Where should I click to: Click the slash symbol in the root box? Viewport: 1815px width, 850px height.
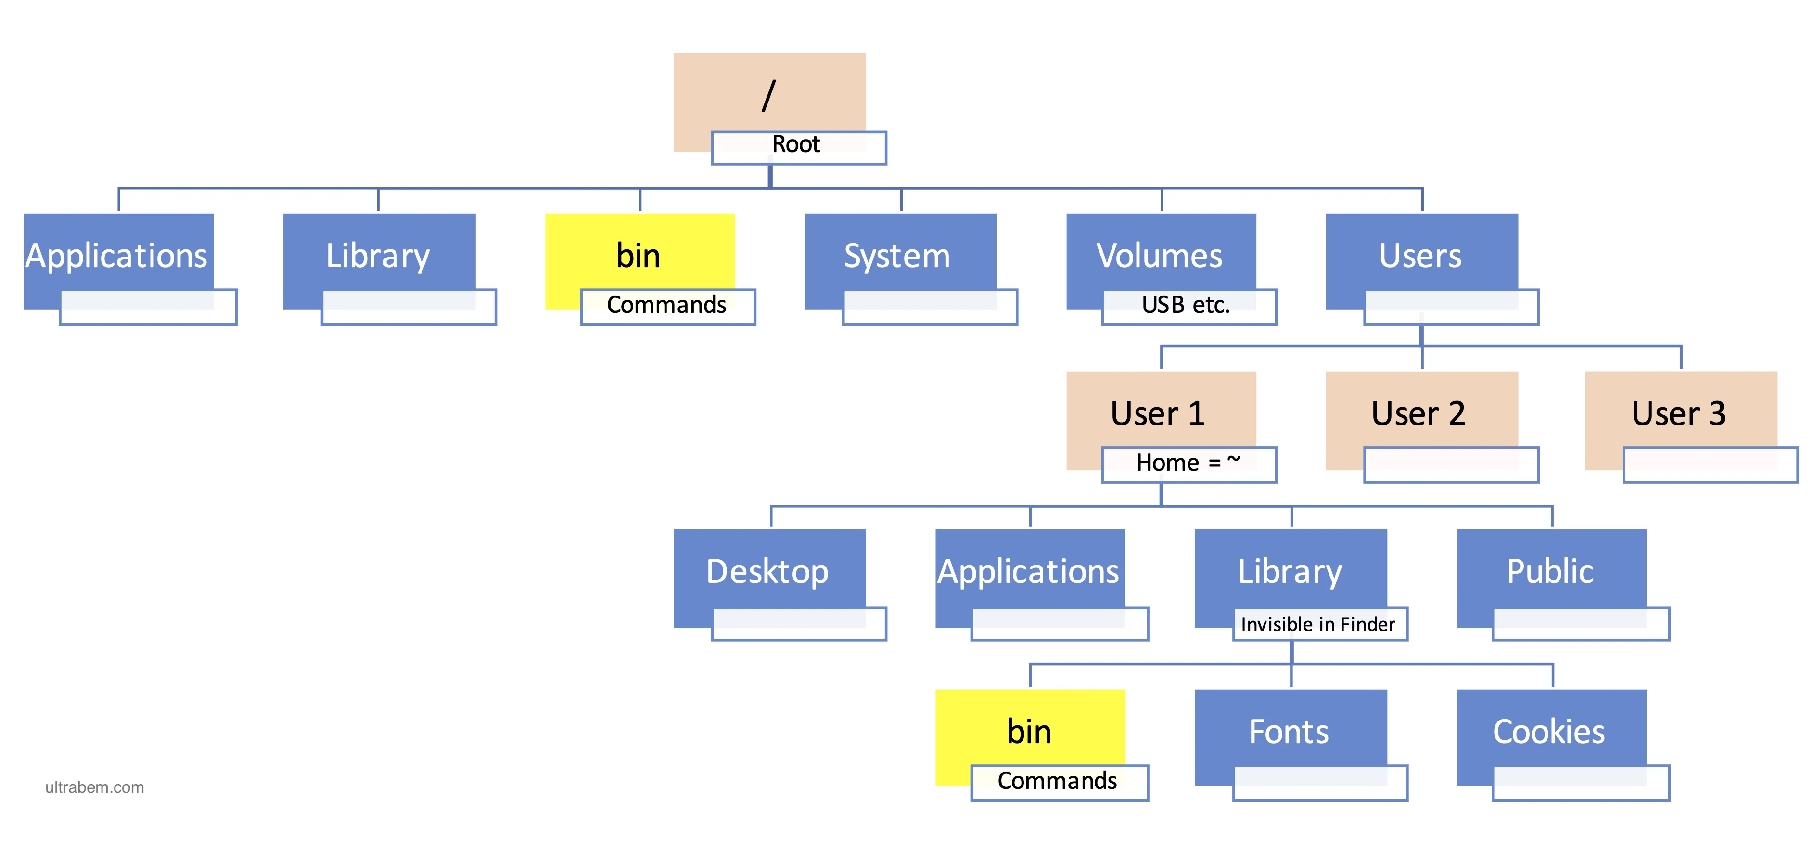[769, 96]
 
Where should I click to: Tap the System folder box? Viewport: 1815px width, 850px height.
[900, 261]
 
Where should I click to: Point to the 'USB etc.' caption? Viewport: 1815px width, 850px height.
[1185, 305]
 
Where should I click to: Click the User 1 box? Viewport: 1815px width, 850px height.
[1161, 420]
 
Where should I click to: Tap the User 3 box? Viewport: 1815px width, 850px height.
[1681, 420]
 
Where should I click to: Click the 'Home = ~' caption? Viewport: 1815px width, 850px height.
[1188, 463]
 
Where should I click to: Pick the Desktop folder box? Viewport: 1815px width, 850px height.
[769, 578]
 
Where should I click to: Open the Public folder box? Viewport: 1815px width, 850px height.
[1551, 578]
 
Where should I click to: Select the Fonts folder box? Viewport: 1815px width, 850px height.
[1291, 737]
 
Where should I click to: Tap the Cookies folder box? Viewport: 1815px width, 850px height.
[1551, 737]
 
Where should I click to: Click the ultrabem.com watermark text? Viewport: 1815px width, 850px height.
[94, 787]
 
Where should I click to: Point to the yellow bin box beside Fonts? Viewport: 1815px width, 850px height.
[1030, 737]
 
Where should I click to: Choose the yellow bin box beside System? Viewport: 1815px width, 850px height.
[640, 261]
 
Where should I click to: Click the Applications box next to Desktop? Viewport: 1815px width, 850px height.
[1030, 578]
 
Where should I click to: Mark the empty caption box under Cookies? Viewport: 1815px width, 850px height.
[1581, 783]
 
